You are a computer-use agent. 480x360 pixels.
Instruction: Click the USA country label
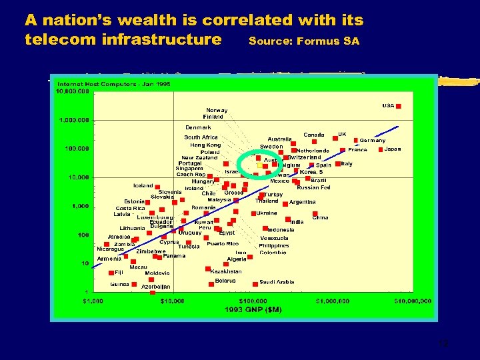[x=388, y=105]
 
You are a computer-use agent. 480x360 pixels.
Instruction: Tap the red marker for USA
[x=399, y=105]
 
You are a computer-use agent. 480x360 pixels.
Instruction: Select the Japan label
[x=393, y=149]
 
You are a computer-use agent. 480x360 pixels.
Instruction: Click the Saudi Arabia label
[x=277, y=282]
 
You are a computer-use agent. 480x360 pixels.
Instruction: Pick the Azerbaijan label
[x=156, y=287]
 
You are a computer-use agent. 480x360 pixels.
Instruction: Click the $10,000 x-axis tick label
[x=172, y=301]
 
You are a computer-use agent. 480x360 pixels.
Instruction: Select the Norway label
[x=217, y=110]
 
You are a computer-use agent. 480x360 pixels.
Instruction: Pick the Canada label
[x=314, y=135]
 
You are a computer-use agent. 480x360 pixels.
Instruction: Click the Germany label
[x=373, y=141]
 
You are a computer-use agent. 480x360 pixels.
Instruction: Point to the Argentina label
[x=302, y=202]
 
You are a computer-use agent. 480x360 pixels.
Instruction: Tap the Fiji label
[x=119, y=272]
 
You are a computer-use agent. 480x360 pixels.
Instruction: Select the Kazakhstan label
[x=226, y=271]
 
